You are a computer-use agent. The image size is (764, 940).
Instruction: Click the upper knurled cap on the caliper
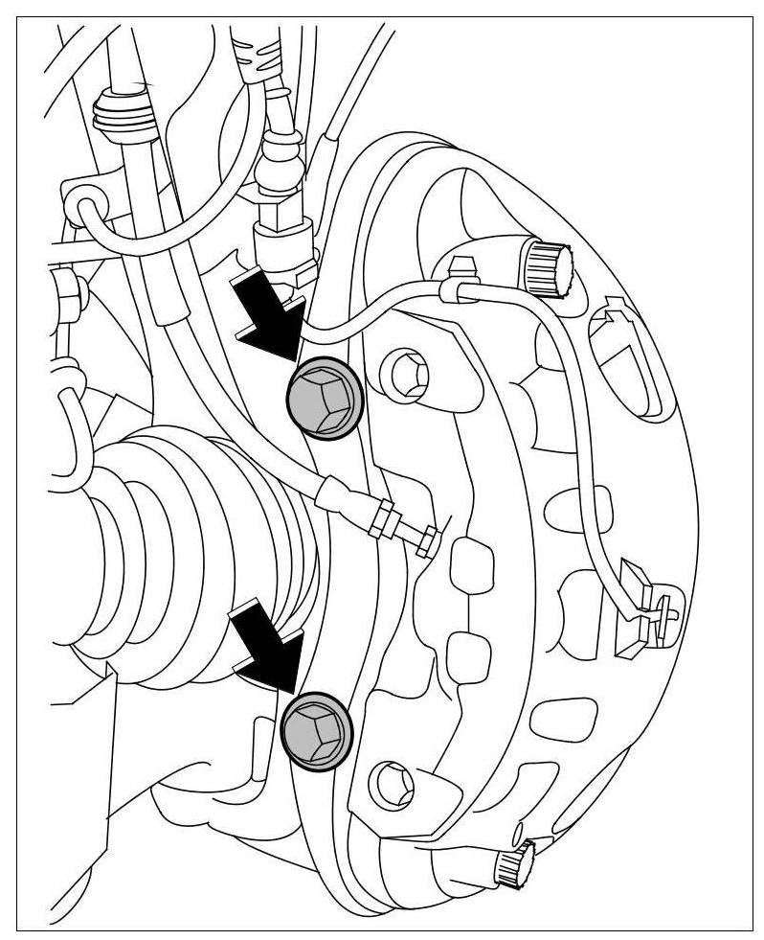(x=546, y=266)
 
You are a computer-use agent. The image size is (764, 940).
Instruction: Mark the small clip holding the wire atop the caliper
(x=460, y=281)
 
